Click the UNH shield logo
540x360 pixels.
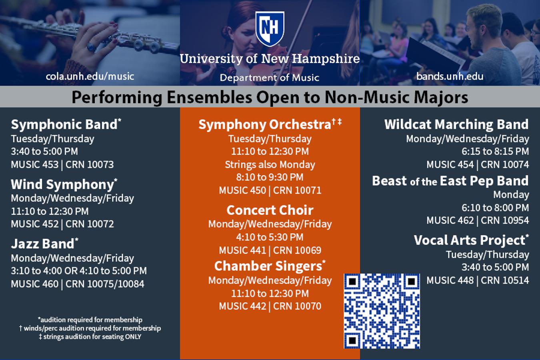point(270,28)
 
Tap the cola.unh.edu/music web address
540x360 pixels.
point(90,76)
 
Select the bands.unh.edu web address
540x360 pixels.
point(450,76)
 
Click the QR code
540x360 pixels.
point(382,311)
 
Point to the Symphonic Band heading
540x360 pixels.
point(66,124)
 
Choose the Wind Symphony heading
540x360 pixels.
point(64,184)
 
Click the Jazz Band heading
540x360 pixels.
point(44,243)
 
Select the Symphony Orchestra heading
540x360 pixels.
point(270,125)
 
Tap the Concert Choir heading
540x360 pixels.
point(270,210)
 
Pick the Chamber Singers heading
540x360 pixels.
point(270,266)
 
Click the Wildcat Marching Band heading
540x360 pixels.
point(456,124)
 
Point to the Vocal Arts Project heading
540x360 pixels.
point(471,240)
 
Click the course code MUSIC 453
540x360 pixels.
point(35,164)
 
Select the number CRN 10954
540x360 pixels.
point(505,220)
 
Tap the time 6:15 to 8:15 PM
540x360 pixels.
point(495,152)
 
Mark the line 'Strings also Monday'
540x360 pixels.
point(270,165)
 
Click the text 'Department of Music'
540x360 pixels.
point(270,78)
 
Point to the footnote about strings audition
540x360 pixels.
point(90,337)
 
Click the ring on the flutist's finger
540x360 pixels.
point(91,47)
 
